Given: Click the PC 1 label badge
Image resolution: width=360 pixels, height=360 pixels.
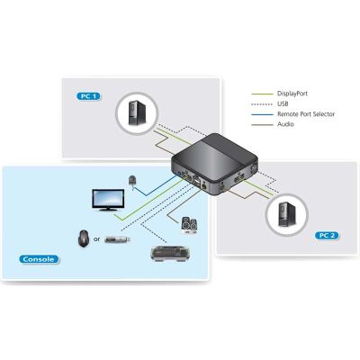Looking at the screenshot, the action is [89, 96].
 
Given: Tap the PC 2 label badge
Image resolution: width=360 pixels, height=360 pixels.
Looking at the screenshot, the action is [327, 236].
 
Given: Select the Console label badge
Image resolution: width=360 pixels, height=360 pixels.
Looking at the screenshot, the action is [39, 259].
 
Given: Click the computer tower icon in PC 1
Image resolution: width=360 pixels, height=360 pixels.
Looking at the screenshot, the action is [137, 112].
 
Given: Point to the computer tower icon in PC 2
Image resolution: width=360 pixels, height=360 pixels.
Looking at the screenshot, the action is [287, 214].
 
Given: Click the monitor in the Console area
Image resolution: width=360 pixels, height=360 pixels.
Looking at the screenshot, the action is [108, 200].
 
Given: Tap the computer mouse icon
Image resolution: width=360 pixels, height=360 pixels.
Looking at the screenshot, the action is [84, 238].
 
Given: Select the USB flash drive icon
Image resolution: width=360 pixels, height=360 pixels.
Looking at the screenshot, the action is [117, 239].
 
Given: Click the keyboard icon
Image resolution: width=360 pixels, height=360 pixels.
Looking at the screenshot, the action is [170, 254].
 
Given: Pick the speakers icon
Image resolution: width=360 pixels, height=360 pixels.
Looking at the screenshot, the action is [190, 226].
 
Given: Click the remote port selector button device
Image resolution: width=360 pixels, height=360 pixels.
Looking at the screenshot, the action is [132, 181].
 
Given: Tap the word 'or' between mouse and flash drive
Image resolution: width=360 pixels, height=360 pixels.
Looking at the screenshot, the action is [96, 239].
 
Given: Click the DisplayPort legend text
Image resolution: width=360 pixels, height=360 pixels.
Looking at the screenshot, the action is [292, 94].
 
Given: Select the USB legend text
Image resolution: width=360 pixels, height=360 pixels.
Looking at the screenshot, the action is [283, 103].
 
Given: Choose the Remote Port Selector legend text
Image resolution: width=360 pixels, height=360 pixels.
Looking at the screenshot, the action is [306, 114].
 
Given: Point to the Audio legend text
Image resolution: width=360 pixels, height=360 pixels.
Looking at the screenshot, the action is [285, 124].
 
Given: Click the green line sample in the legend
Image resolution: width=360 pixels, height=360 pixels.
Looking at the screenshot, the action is [262, 94].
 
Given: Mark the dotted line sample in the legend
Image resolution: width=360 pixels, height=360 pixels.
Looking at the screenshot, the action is [262, 104].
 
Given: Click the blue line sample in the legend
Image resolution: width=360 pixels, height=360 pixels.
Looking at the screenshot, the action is [262, 114].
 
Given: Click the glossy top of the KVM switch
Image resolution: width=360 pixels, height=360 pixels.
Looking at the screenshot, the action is [215, 154].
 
